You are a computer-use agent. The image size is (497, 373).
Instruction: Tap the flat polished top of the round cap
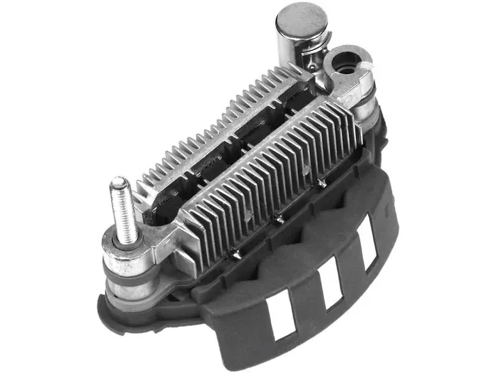tap(299, 17)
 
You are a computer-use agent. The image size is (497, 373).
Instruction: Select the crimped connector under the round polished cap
tap(310, 58)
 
